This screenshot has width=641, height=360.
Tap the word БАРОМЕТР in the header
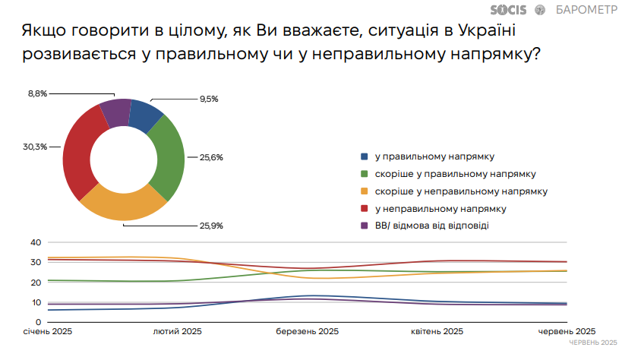point(586,11)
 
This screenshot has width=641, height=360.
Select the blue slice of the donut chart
point(145,116)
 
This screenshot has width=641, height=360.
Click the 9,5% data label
point(209,99)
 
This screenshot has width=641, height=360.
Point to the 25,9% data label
point(212,226)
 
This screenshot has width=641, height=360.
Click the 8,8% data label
point(37,93)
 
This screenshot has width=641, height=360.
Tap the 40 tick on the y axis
point(35,242)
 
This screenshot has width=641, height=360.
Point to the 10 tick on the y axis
point(35,302)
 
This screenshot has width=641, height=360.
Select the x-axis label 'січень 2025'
point(48,331)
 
